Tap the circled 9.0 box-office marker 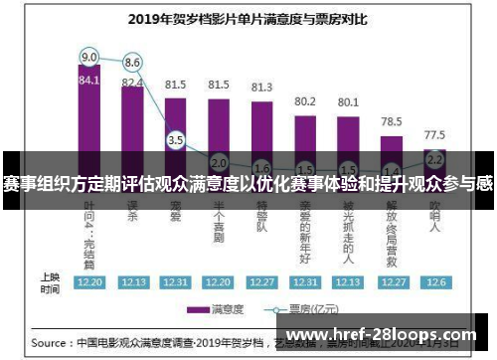point(89,56)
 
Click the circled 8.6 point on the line point(131,62)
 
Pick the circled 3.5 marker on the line point(175,140)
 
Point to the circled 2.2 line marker point(434,158)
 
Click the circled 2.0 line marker point(219,162)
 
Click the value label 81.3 point(261,88)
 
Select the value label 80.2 point(304,100)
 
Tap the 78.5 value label point(391,121)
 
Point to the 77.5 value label point(434,134)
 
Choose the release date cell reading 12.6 point(434,281)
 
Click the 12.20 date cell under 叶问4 point(89,281)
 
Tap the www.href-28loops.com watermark point(383,336)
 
